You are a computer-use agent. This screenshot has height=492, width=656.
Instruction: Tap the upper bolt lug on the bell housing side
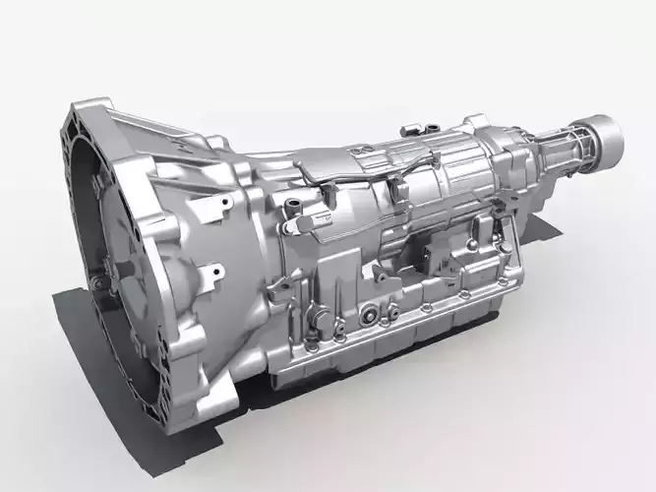225,204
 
